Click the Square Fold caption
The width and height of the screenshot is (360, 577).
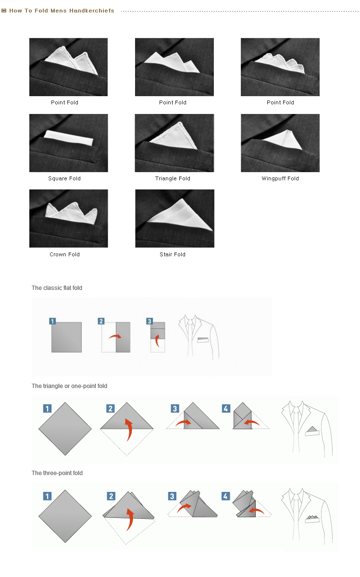[x=64, y=178]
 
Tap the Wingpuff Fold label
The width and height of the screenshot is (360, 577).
[x=280, y=178]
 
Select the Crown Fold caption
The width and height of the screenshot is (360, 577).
[x=64, y=254]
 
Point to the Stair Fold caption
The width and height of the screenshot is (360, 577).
[x=173, y=254]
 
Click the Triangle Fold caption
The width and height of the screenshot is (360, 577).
[x=173, y=178]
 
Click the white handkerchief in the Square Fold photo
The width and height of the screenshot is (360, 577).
[x=69, y=138]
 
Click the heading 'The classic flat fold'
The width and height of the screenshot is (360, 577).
[x=57, y=288]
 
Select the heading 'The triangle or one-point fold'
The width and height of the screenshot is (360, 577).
[x=69, y=386]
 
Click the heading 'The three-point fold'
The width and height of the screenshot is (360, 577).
[x=57, y=473]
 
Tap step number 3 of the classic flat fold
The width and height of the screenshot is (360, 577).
[x=149, y=321]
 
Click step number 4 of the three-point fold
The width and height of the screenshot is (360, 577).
[x=225, y=496]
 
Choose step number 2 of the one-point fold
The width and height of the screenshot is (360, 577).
[x=111, y=409]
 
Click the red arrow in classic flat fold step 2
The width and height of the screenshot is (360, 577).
[x=115, y=337]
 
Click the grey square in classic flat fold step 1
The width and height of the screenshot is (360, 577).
[x=66, y=337]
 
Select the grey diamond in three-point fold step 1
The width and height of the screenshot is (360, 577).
[x=65, y=516]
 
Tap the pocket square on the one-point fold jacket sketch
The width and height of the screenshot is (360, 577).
[x=312, y=431]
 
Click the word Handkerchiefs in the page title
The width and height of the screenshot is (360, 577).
[x=92, y=11]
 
